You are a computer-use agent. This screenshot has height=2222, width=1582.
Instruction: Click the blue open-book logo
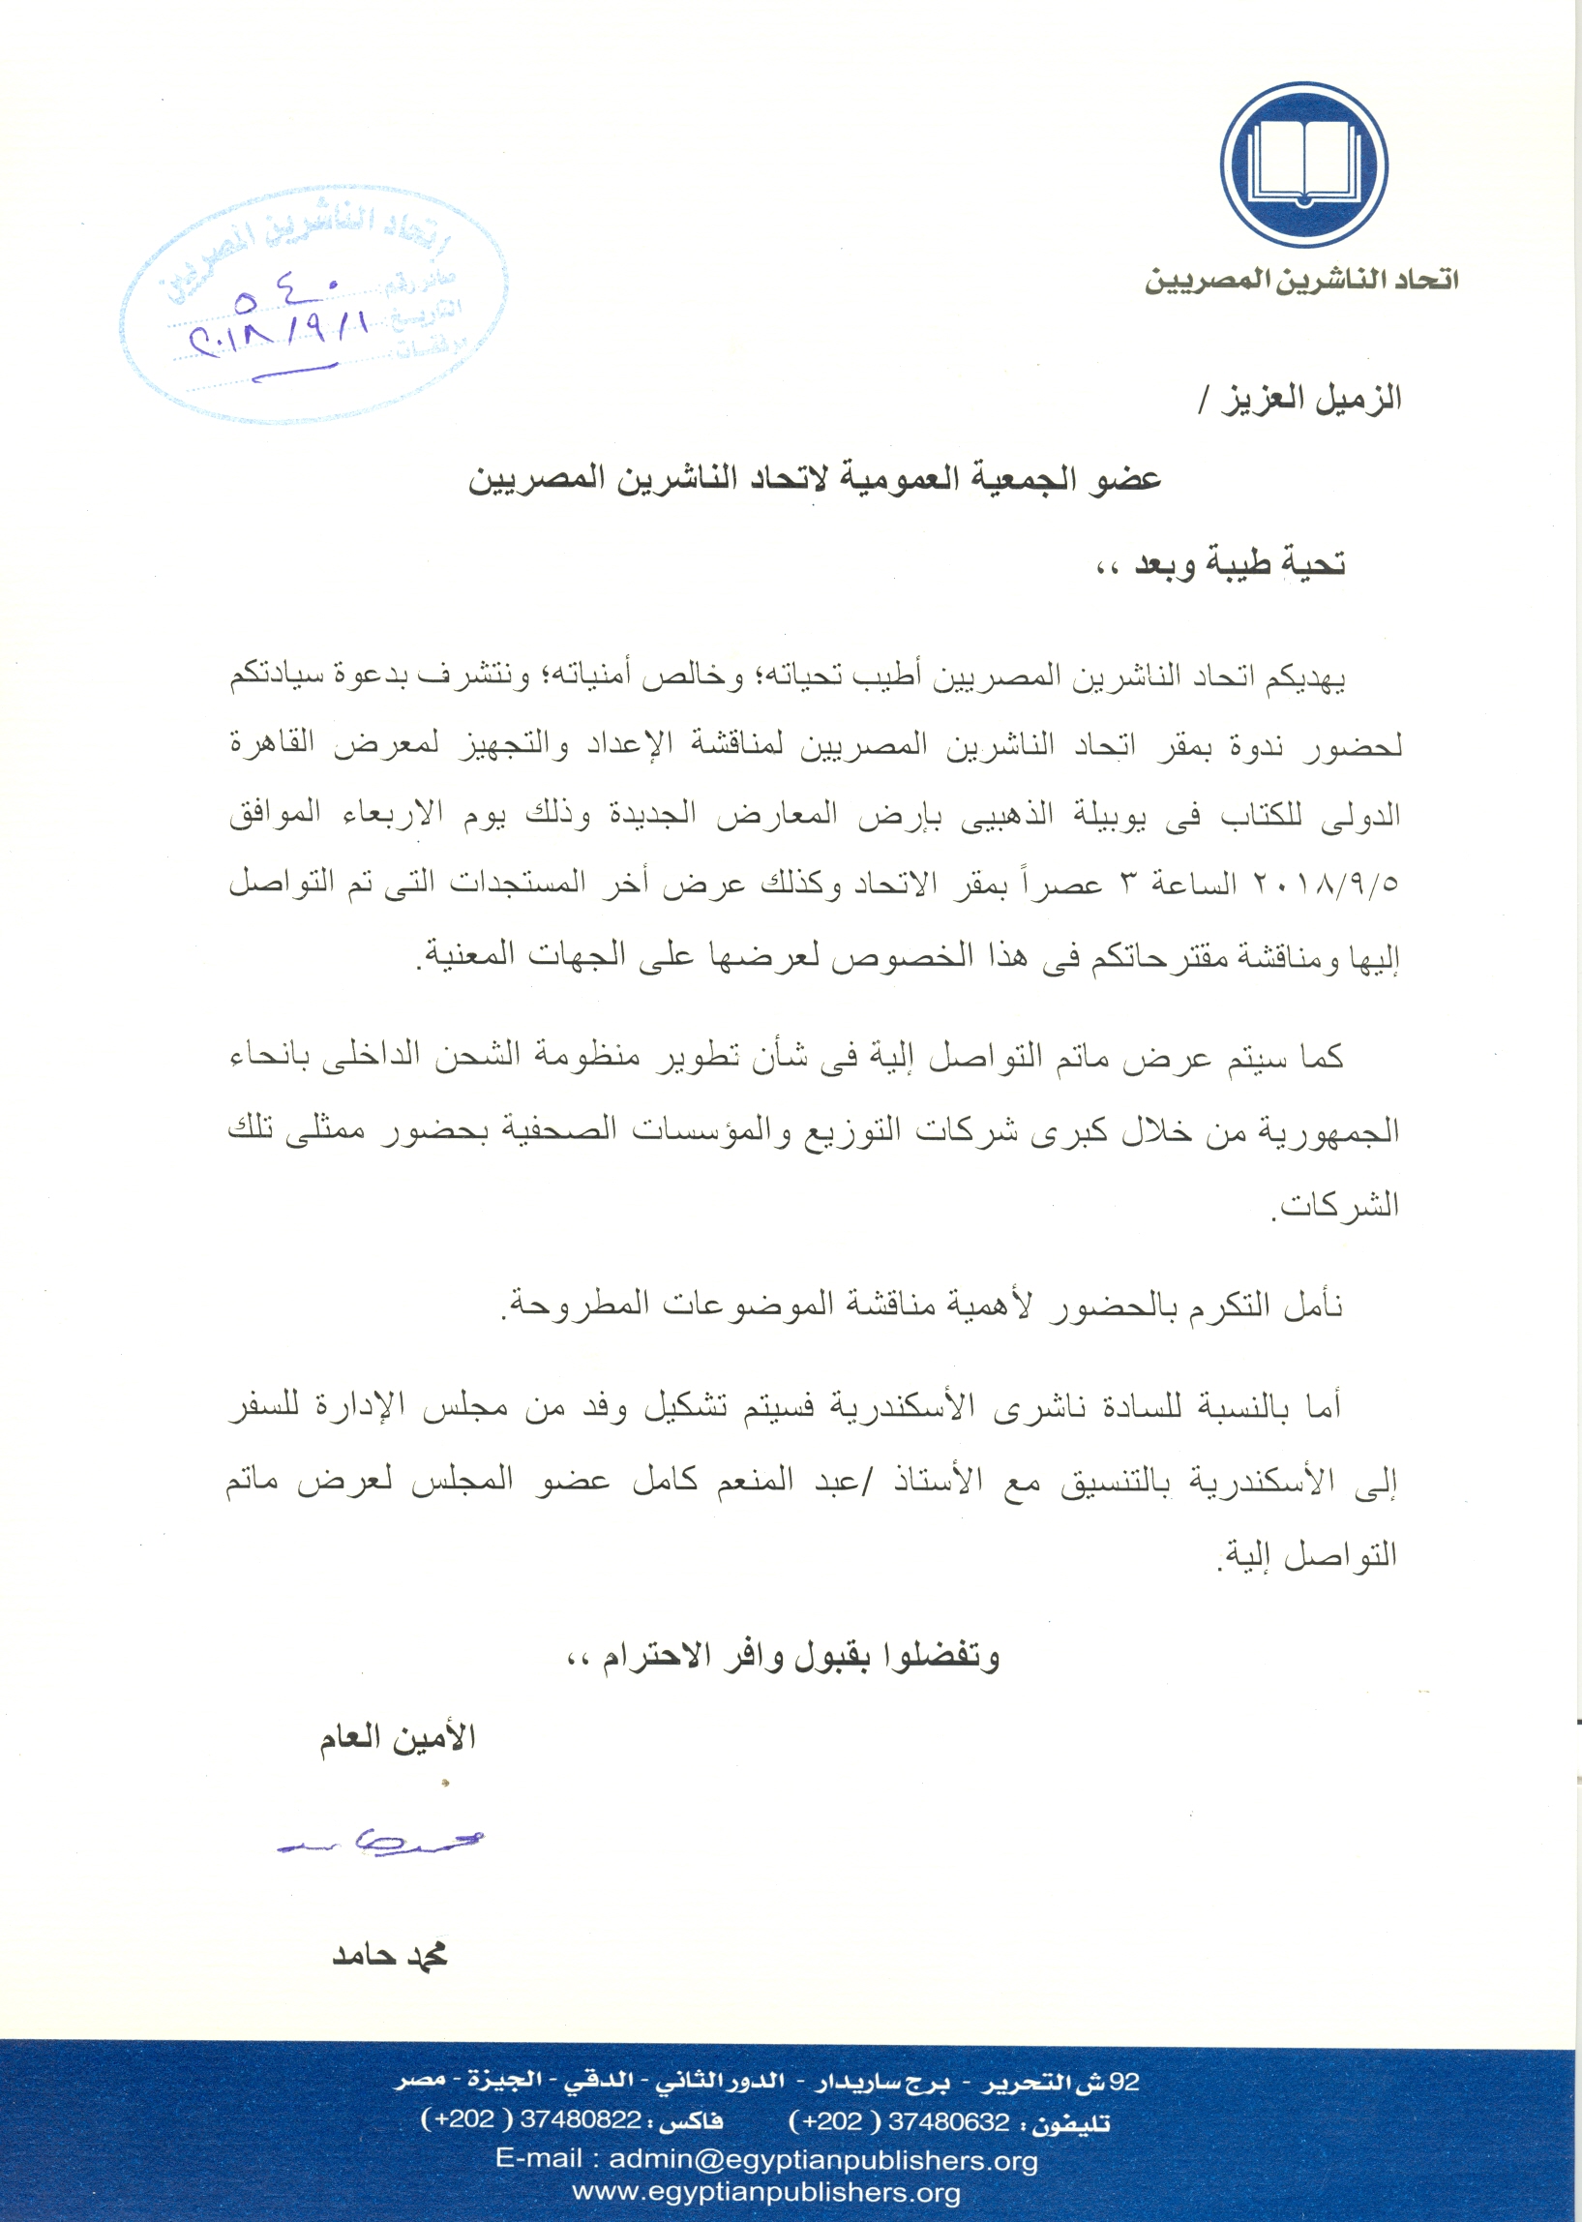1302,164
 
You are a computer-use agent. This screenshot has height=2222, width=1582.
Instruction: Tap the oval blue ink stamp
313,306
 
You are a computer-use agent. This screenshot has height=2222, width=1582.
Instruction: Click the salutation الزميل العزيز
1300,399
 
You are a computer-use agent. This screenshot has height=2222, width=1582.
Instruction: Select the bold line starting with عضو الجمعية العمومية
815,480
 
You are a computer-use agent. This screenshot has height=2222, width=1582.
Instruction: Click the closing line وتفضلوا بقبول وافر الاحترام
783,1657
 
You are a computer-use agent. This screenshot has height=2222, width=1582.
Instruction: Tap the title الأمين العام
398,1738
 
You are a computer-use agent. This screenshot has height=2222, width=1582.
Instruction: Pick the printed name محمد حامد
390,1955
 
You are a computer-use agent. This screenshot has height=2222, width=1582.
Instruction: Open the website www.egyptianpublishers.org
766,2192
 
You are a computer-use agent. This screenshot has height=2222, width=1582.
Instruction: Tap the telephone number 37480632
949,2121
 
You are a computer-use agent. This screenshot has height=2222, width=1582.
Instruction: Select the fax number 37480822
581,2119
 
